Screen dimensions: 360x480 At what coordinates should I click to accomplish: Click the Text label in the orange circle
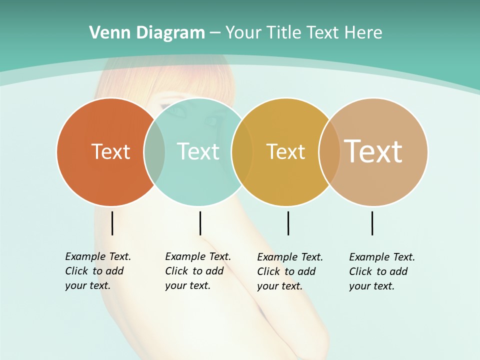tap(110, 151)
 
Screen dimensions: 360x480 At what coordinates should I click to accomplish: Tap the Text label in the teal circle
tap(198, 151)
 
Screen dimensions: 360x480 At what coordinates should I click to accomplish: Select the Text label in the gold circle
tap(285, 151)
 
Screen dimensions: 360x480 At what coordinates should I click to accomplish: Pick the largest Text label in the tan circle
tap(373, 151)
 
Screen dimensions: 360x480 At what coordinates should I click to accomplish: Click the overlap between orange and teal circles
tap(154, 151)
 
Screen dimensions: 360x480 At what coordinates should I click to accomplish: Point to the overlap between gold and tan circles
tap(329, 151)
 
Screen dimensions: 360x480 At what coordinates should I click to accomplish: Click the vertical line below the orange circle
tap(112, 223)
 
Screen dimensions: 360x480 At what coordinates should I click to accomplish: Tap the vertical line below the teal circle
tap(200, 223)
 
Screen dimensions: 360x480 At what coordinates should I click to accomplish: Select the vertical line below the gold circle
tap(288, 223)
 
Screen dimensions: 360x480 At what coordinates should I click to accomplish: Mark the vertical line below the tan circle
tap(372, 223)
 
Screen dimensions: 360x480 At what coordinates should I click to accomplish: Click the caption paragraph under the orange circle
tap(97, 271)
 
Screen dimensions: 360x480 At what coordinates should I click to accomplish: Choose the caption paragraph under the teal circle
tap(197, 271)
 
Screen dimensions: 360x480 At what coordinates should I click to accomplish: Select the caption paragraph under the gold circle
tap(289, 271)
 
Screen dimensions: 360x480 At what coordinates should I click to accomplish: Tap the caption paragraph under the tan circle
tap(381, 271)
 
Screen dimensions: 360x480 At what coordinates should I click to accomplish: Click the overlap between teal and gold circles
tap(242, 151)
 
